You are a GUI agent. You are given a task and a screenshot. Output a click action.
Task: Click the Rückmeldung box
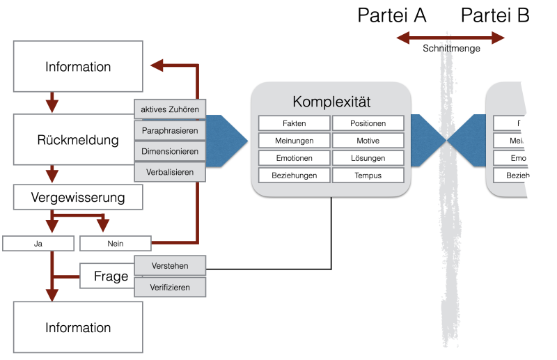74,140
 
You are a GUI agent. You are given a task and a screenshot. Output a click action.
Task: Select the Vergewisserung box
78,198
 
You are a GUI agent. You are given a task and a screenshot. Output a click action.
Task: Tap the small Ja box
38,243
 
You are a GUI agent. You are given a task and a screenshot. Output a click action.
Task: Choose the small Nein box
116,243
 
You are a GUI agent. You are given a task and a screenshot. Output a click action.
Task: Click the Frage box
107,276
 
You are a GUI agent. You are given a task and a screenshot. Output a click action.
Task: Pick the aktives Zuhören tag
170,109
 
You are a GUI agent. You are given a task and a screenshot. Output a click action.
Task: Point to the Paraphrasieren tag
170,130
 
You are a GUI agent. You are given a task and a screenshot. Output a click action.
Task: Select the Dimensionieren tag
170,151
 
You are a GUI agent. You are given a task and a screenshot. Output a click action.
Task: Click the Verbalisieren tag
170,171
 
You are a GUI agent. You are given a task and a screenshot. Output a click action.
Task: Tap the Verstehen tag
170,265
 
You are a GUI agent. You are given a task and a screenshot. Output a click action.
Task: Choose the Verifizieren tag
170,286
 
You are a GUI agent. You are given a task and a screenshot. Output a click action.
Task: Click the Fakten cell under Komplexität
294,123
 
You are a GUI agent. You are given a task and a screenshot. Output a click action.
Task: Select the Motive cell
368,141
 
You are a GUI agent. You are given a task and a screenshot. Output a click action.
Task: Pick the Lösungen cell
368,158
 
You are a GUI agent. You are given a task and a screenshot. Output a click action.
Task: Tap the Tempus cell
368,175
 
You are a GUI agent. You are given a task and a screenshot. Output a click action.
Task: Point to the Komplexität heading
330,102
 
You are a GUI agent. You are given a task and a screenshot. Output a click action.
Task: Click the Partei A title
392,15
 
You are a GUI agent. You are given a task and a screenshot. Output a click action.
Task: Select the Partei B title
495,15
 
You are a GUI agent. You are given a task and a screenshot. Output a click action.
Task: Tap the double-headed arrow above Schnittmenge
449,37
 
